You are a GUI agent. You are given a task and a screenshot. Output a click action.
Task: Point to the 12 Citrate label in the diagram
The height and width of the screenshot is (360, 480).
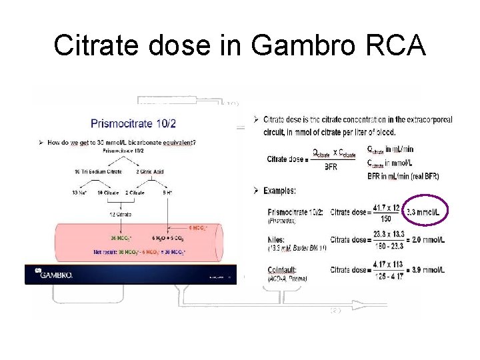click(x=120, y=214)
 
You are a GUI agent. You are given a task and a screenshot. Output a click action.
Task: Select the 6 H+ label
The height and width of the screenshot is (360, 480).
click(x=170, y=193)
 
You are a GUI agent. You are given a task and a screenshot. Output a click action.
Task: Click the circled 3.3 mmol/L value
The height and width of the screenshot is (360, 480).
click(x=425, y=212)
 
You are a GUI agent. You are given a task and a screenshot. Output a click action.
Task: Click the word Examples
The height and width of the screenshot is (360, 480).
click(x=279, y=191)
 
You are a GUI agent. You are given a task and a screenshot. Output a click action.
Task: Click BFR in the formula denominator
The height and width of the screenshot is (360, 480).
click(x=331, y=167)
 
